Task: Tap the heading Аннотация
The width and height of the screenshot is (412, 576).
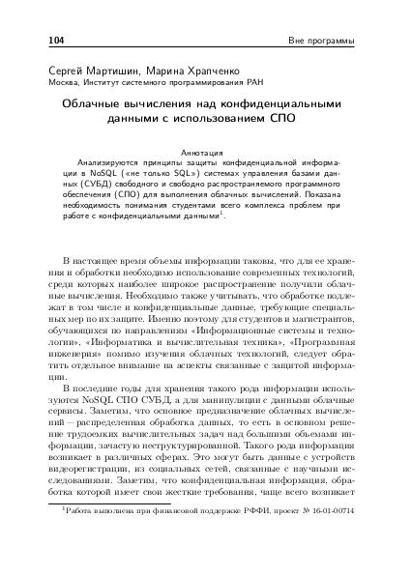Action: pos(205,152)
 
